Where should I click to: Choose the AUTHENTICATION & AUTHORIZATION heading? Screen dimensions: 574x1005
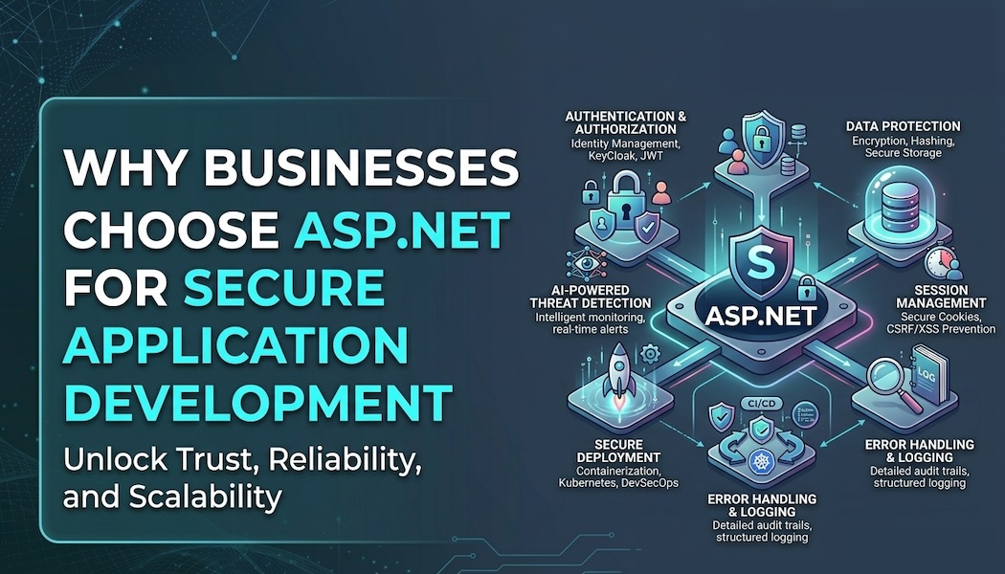coord(626,122)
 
